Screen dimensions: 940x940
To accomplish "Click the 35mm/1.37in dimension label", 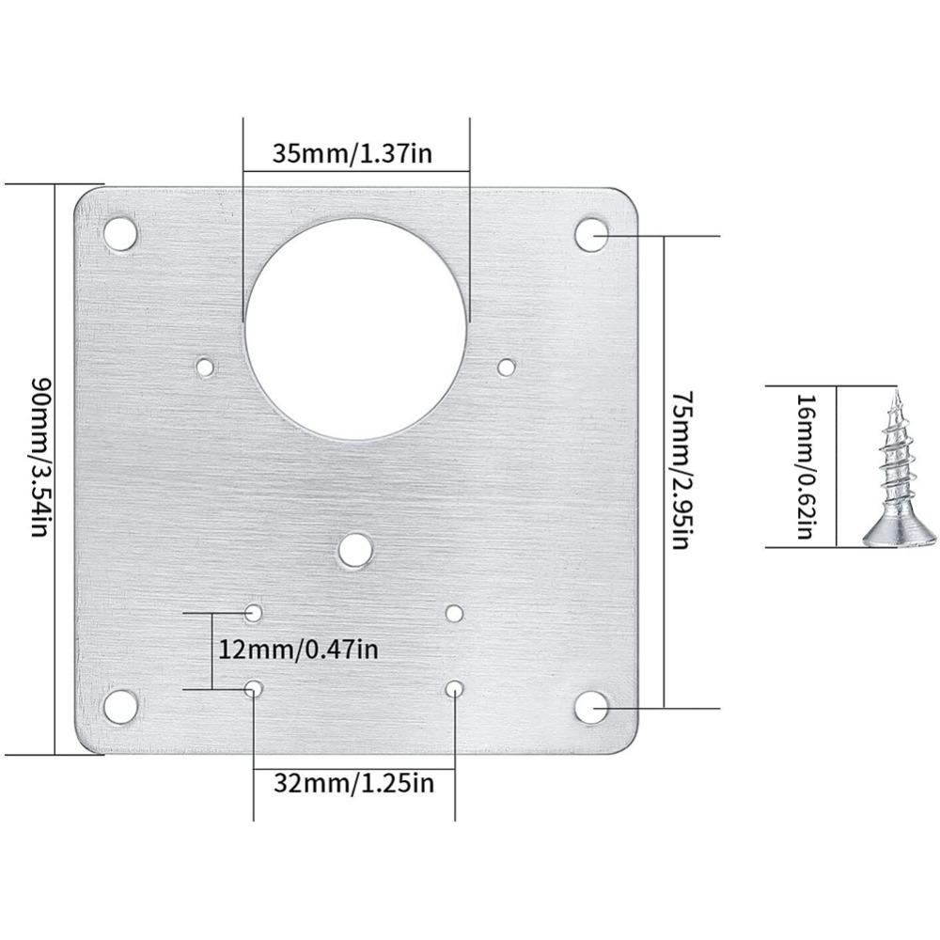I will [352, 153].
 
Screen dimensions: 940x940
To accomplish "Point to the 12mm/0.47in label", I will [298, 650].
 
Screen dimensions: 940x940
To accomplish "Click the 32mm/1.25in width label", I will [353, 782].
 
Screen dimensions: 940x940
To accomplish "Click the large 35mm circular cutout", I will [355, 328].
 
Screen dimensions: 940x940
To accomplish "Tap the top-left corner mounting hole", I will [119, 232].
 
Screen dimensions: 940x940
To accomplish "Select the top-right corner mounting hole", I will [591, 234].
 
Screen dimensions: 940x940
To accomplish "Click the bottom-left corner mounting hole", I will [120, 706].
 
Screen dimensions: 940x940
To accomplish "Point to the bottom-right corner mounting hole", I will [591, 708].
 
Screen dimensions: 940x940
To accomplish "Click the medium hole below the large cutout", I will [354, 550].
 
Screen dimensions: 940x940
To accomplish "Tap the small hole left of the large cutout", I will [205, 366].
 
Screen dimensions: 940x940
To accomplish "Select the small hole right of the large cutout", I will [507, 367].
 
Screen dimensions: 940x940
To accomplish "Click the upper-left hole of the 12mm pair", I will [254, 613].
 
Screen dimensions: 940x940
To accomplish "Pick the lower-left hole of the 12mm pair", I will [254, 689].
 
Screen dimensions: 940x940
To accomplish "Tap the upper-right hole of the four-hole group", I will [454, 614].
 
